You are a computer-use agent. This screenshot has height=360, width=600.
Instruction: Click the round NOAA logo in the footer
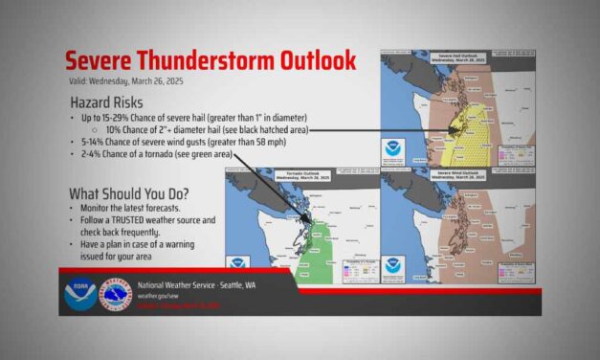click(78, 294)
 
